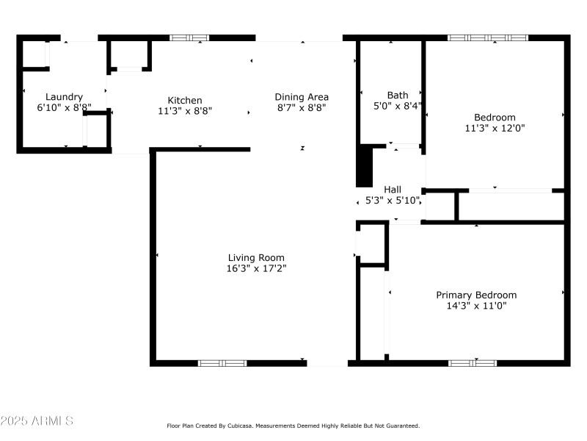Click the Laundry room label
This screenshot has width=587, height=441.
[x=64, y=96]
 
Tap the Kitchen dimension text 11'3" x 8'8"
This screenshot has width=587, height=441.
[x=185, y=112]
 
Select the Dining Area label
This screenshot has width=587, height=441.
[x=302, y=96]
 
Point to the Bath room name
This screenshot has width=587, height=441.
[x=398, y=95]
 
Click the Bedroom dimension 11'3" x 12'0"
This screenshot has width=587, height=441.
[x=495, y=127]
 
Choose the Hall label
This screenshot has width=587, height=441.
[x=393, y=189]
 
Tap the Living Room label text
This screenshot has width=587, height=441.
[x=256, y=257]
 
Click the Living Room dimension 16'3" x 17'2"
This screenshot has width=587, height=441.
[x=256, y=268]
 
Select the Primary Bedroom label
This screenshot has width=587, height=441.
[x=476, y=295]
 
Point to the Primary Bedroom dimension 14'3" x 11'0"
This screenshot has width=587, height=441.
[x=476, y=305]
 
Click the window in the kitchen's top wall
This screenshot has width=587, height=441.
[x=189, y=37]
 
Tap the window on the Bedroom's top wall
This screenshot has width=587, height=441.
[x=488, y=37]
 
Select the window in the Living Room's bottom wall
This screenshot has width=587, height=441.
[x=222, y=362]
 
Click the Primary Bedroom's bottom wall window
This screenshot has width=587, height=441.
[x=473, y=362]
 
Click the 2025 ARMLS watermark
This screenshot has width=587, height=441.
[x=37, y=421]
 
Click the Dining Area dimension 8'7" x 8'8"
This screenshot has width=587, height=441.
[x=302, y=107]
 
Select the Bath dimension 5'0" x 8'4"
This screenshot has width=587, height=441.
[x=398, y=106]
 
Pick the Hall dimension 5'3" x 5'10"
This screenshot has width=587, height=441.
[x=393, y=200]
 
